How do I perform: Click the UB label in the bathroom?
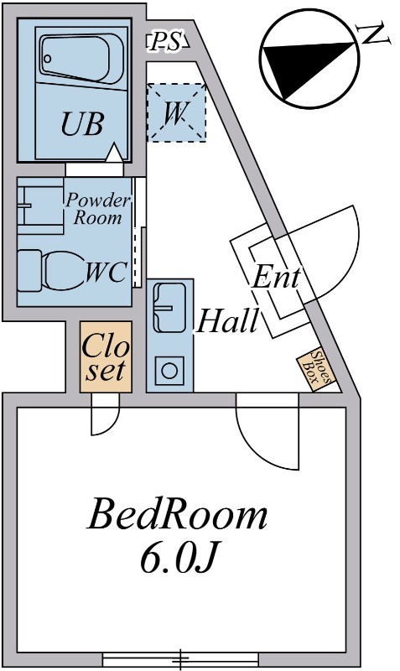click(x=82, y=123)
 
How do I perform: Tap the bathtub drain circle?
click(x=48, y=58)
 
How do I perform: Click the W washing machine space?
click(x=176, y=112)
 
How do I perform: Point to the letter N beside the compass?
click(x=374, y=34)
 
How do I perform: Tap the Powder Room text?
click(x=97, y=209)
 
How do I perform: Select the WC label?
click(x=106, y=272)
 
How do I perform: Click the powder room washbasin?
click(x=40, y=205)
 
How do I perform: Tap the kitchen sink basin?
click(x=169, y=308)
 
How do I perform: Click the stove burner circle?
click(x=169, y=371)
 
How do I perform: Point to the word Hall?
click(x=227, y=320)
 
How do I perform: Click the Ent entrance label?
click(x=276, y=277)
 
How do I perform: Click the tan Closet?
click(x=106, y=357)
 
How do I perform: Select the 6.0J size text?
click(x=177, y=558)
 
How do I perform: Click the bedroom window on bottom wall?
click(x=180, y=659)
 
